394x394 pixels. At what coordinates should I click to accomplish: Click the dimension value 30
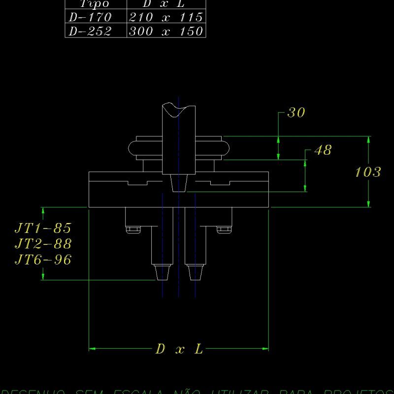(x=296, y=113)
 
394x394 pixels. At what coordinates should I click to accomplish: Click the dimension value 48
(x=323, y=150)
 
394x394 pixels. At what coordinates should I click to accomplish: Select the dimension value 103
(x=368, y=172)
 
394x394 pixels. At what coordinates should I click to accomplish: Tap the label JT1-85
(x=43, y=228)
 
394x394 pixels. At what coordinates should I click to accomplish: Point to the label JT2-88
(x=43, y=244)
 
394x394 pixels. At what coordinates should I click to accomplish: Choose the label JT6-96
(x=43, y=260)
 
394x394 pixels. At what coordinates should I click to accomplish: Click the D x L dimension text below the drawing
(x=179, y=349)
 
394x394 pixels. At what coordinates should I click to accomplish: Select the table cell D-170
(x=91, y=17)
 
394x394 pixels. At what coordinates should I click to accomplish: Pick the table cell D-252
(x=91, y=31)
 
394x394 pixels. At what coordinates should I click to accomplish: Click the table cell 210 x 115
(x=165, y=17)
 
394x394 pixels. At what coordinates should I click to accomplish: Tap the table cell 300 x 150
(x=165, y=31)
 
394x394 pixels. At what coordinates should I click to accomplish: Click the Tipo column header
(x=94, y=3)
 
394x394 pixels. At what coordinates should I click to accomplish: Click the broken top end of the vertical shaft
(x=178, y=109)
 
